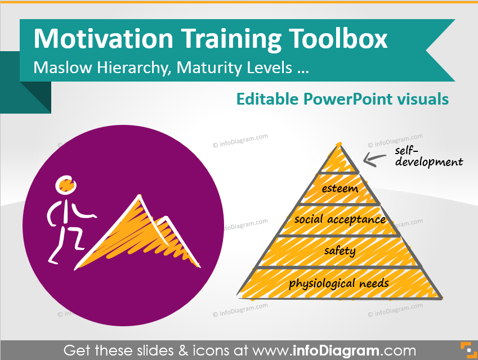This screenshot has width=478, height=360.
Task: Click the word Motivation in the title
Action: click(104, 38)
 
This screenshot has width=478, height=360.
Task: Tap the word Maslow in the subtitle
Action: click(62, 67)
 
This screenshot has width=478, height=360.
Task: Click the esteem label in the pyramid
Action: click(340, 188)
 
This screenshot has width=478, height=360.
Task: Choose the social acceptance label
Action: click(340, 219)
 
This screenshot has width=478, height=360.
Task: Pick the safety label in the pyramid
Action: click(340, 251)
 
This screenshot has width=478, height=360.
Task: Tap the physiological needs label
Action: click(339, 283)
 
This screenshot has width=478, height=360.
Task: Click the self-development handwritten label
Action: click(428, 156)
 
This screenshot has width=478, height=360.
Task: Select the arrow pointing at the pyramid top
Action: click(374, 159)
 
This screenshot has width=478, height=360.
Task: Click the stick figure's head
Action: click(65, 184)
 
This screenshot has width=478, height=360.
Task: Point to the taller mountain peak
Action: click(139, 196)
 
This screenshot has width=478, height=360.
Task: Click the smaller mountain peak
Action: click(166, 218)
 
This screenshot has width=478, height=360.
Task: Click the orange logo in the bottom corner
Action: click(468, 350)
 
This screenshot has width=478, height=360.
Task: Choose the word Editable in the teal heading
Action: click(267, 98)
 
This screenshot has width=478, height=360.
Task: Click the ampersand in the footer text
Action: click(183, 350)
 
